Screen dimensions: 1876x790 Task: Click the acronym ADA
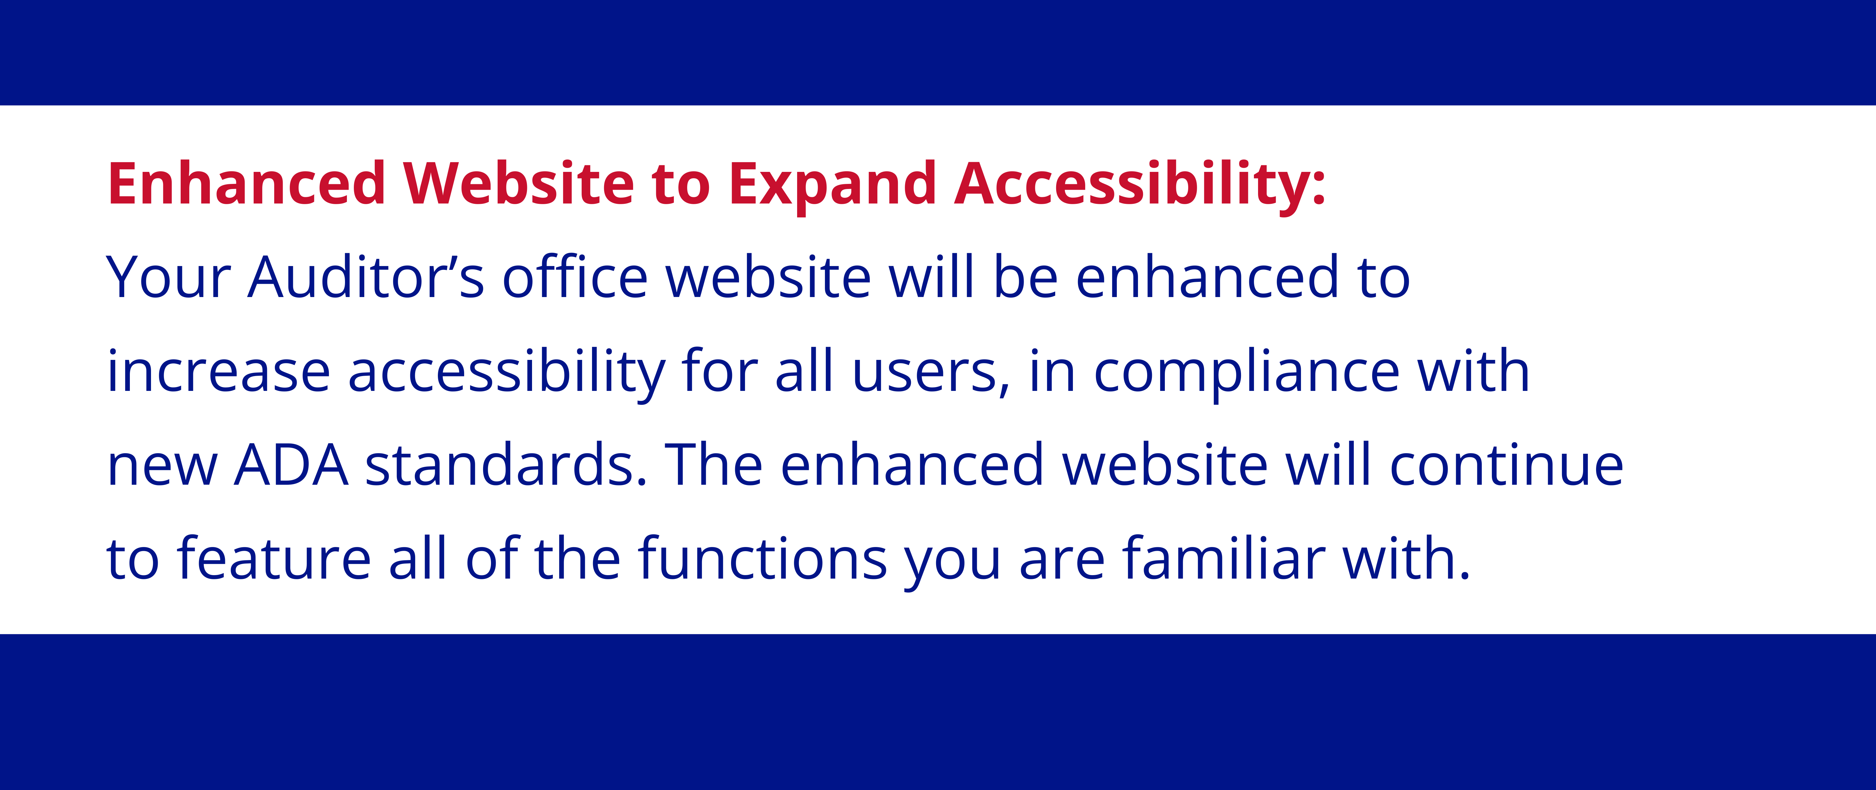click(x=291, y=465)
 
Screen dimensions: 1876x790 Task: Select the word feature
click(x=275, y=558)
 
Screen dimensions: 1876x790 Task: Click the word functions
click(x=762, y=558)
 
